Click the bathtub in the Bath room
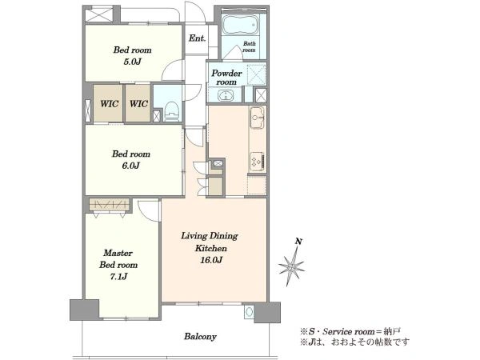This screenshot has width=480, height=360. coord(240,25)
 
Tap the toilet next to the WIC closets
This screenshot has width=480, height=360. coord(171,111)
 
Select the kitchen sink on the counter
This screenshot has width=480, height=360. coord(257,118)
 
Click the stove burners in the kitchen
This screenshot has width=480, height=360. coord(257,162)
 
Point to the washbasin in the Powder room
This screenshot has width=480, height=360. coord(226,95)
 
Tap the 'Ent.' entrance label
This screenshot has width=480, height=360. coord(197,38)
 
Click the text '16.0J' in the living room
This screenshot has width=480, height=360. coord(211,260)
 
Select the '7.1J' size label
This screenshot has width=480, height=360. coord(118,277)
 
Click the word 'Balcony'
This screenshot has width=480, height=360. coord(200,337)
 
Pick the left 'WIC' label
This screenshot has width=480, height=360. coord(110,104)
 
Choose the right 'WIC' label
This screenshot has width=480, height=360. coord(138,104)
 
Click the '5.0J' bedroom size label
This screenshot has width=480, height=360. coord(132,62)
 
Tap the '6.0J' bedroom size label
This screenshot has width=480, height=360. coord(130,166)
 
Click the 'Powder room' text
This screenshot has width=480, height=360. coord(226,78)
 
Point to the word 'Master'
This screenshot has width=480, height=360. coord(118,253)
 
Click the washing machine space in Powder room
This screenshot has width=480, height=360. coord(257,74)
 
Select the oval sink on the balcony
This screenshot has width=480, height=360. coord(249,312)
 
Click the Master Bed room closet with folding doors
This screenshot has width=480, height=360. coord(110,205)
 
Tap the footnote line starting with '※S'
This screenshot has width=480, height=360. coord(350,331)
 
